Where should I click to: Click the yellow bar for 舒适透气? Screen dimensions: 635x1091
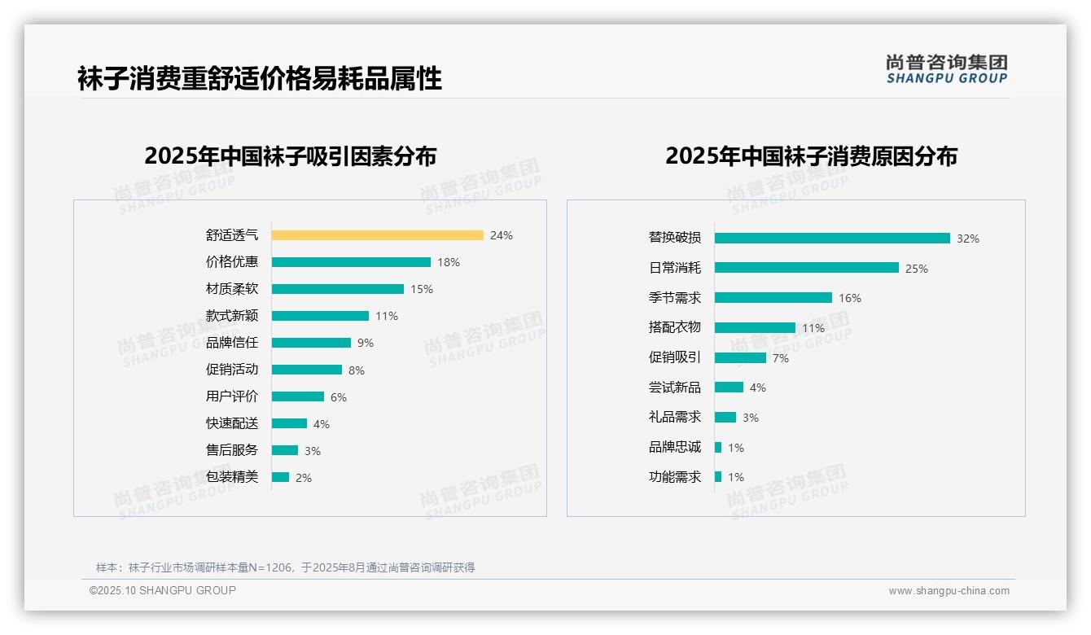tap(377, 235)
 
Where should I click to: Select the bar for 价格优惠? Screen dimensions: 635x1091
tap(351, 262)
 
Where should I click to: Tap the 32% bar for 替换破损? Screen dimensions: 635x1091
tap(832, 239)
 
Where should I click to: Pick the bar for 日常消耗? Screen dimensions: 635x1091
tap(806, 268)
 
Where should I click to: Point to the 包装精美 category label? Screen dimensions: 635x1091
tap(232, 477)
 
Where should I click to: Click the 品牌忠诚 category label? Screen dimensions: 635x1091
tap(674, 447)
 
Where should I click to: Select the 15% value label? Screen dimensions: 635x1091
tap(422, 289)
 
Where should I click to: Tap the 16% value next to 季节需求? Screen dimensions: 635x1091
tap(849, 298)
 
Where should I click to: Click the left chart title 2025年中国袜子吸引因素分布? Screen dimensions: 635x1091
tap(290, 155)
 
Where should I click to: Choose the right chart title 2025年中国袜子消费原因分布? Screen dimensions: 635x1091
tap(811, 155)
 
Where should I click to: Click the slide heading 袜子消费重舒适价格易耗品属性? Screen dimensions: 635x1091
tap(260, 79)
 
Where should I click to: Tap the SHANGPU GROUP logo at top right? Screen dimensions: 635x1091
tap(946, 69)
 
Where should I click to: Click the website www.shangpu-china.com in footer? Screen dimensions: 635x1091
tap(949, 591)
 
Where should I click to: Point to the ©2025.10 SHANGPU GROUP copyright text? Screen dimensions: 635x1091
tap(163, 590)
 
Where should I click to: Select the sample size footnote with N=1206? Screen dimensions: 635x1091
tap(285, 567)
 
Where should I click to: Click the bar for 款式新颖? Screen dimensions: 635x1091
tap(320, 316)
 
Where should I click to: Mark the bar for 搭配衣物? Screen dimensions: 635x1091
tap(755, 327)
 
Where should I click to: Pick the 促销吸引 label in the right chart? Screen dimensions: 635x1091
tap(674, 357)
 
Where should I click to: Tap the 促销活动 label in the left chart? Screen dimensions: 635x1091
tap(232, 370)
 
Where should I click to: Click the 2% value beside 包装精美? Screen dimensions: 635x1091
tap(303, 478)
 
